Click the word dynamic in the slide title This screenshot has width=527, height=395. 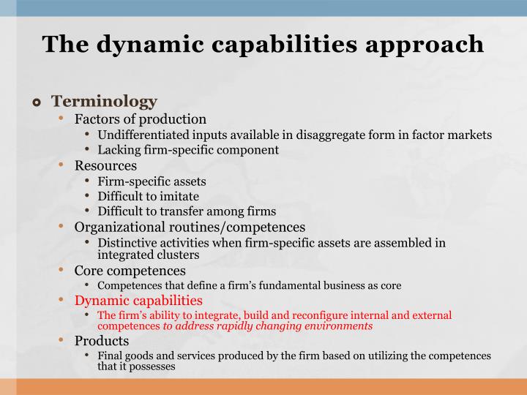pos(127,44)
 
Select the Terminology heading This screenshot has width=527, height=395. pos(104,101)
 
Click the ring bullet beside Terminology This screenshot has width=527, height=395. pos(37,102)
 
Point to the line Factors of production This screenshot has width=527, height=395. pos(141,118)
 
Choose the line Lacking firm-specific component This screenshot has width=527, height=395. pos(188,150)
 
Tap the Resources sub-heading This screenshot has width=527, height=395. pos(105,165)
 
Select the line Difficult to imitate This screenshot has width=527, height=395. pos(148,196)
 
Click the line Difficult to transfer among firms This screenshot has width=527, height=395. pos(187,211)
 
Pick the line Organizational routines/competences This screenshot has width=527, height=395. pos(190,227)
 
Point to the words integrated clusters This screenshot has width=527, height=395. pos(148,255)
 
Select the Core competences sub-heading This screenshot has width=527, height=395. pos(130,270)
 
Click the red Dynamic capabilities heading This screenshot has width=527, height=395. pos(138,300)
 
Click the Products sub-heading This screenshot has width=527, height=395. pos(102,341)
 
